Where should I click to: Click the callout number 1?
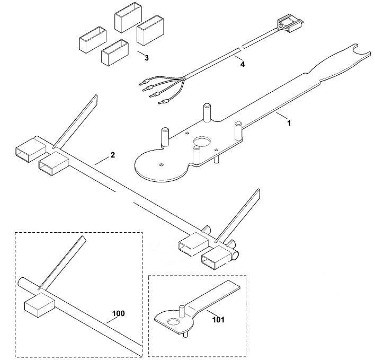tap(289, 123)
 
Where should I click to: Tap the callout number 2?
tap(113, 155)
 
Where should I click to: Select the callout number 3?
tap(147, 58)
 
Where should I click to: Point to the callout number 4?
tap(243, 64)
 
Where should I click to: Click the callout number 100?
tap(119, 313)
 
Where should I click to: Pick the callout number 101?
tap(218, 320)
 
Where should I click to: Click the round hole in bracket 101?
tap(174, 322)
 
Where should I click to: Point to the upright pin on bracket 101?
tap(182, 311)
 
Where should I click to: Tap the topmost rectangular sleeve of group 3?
tap(128, 17)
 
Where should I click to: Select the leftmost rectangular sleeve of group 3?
tap(93, 40)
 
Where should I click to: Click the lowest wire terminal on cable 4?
tap(163, 101)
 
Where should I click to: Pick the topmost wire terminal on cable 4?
tap(145, 83)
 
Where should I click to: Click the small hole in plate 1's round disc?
tap(162, 165)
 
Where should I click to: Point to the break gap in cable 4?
tap(241, 48)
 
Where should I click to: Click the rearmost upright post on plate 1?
tap(207, 113)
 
